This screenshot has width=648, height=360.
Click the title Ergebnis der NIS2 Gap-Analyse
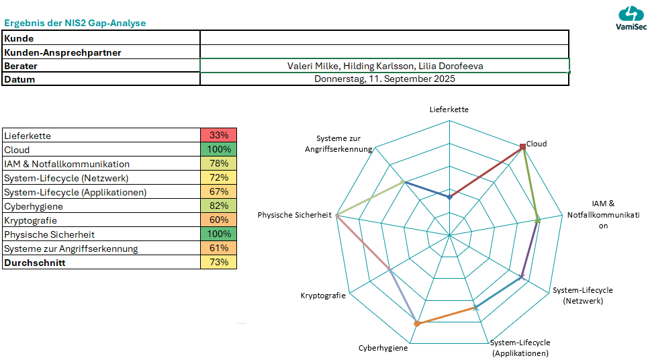(75, 24)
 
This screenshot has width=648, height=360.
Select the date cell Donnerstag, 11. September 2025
(385, 79)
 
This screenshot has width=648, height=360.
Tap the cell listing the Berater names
(385, 66)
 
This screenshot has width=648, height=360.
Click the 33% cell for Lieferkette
(219, 136)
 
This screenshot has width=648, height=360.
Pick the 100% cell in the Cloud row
(219, 150)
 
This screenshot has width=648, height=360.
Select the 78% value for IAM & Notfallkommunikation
(219, 164)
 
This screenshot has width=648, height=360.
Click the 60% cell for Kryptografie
(219, 220)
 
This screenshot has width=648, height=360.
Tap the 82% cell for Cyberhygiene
(219, 206)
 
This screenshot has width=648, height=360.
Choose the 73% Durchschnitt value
(219, 263)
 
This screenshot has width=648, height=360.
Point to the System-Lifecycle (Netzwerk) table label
(66, 178)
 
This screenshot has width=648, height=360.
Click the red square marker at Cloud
(522, 146)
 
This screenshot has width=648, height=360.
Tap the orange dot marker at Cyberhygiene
(417, 324)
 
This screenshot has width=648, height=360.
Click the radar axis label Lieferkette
(449, 109)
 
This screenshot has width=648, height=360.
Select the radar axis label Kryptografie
(323, 296)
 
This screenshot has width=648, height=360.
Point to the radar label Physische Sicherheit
(295, 215)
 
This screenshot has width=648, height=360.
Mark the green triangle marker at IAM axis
(538, 216)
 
